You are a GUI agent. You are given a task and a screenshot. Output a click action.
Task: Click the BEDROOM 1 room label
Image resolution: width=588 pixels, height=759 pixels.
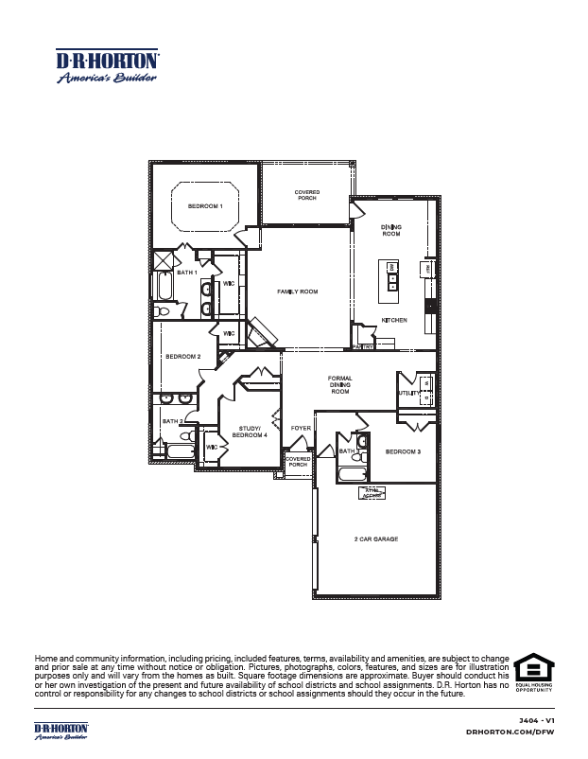point(204,205)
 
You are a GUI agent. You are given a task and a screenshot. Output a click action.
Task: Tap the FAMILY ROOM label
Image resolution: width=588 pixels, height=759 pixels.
point(297,291)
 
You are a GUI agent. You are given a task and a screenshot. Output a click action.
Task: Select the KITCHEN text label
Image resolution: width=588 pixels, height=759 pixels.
point(394,320)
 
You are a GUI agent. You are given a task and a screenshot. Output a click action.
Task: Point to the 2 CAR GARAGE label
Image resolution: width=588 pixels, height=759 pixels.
point(377,538)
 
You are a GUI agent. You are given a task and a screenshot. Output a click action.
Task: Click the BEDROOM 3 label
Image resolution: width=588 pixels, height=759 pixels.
point(403,452)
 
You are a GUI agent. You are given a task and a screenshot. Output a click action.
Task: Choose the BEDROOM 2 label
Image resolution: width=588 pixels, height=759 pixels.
point(183,357)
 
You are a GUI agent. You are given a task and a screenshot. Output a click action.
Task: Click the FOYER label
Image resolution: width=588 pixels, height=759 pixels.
point(301,429)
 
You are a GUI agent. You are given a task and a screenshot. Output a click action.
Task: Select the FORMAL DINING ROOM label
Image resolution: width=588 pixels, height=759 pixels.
point(339,384)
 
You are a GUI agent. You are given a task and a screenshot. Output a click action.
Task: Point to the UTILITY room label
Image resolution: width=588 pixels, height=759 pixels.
point(406,392)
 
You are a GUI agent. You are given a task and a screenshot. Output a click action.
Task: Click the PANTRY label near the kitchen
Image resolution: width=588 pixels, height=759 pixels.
point(364,347)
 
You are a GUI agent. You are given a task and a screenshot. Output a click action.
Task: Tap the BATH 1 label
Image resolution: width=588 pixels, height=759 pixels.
point(186,273)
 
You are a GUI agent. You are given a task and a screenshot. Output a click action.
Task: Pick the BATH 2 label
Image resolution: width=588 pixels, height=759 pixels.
point(172,421)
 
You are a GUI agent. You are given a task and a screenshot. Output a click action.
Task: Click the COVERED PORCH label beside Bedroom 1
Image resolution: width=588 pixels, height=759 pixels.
point(307,195)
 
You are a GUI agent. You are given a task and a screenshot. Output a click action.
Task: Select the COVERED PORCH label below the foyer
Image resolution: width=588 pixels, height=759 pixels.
point(299,462)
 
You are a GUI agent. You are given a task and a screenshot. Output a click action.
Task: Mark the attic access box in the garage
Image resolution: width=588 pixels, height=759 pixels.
point(372,491)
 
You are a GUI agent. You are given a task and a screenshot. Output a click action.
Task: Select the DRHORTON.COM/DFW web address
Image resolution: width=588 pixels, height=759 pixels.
point(510,733)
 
